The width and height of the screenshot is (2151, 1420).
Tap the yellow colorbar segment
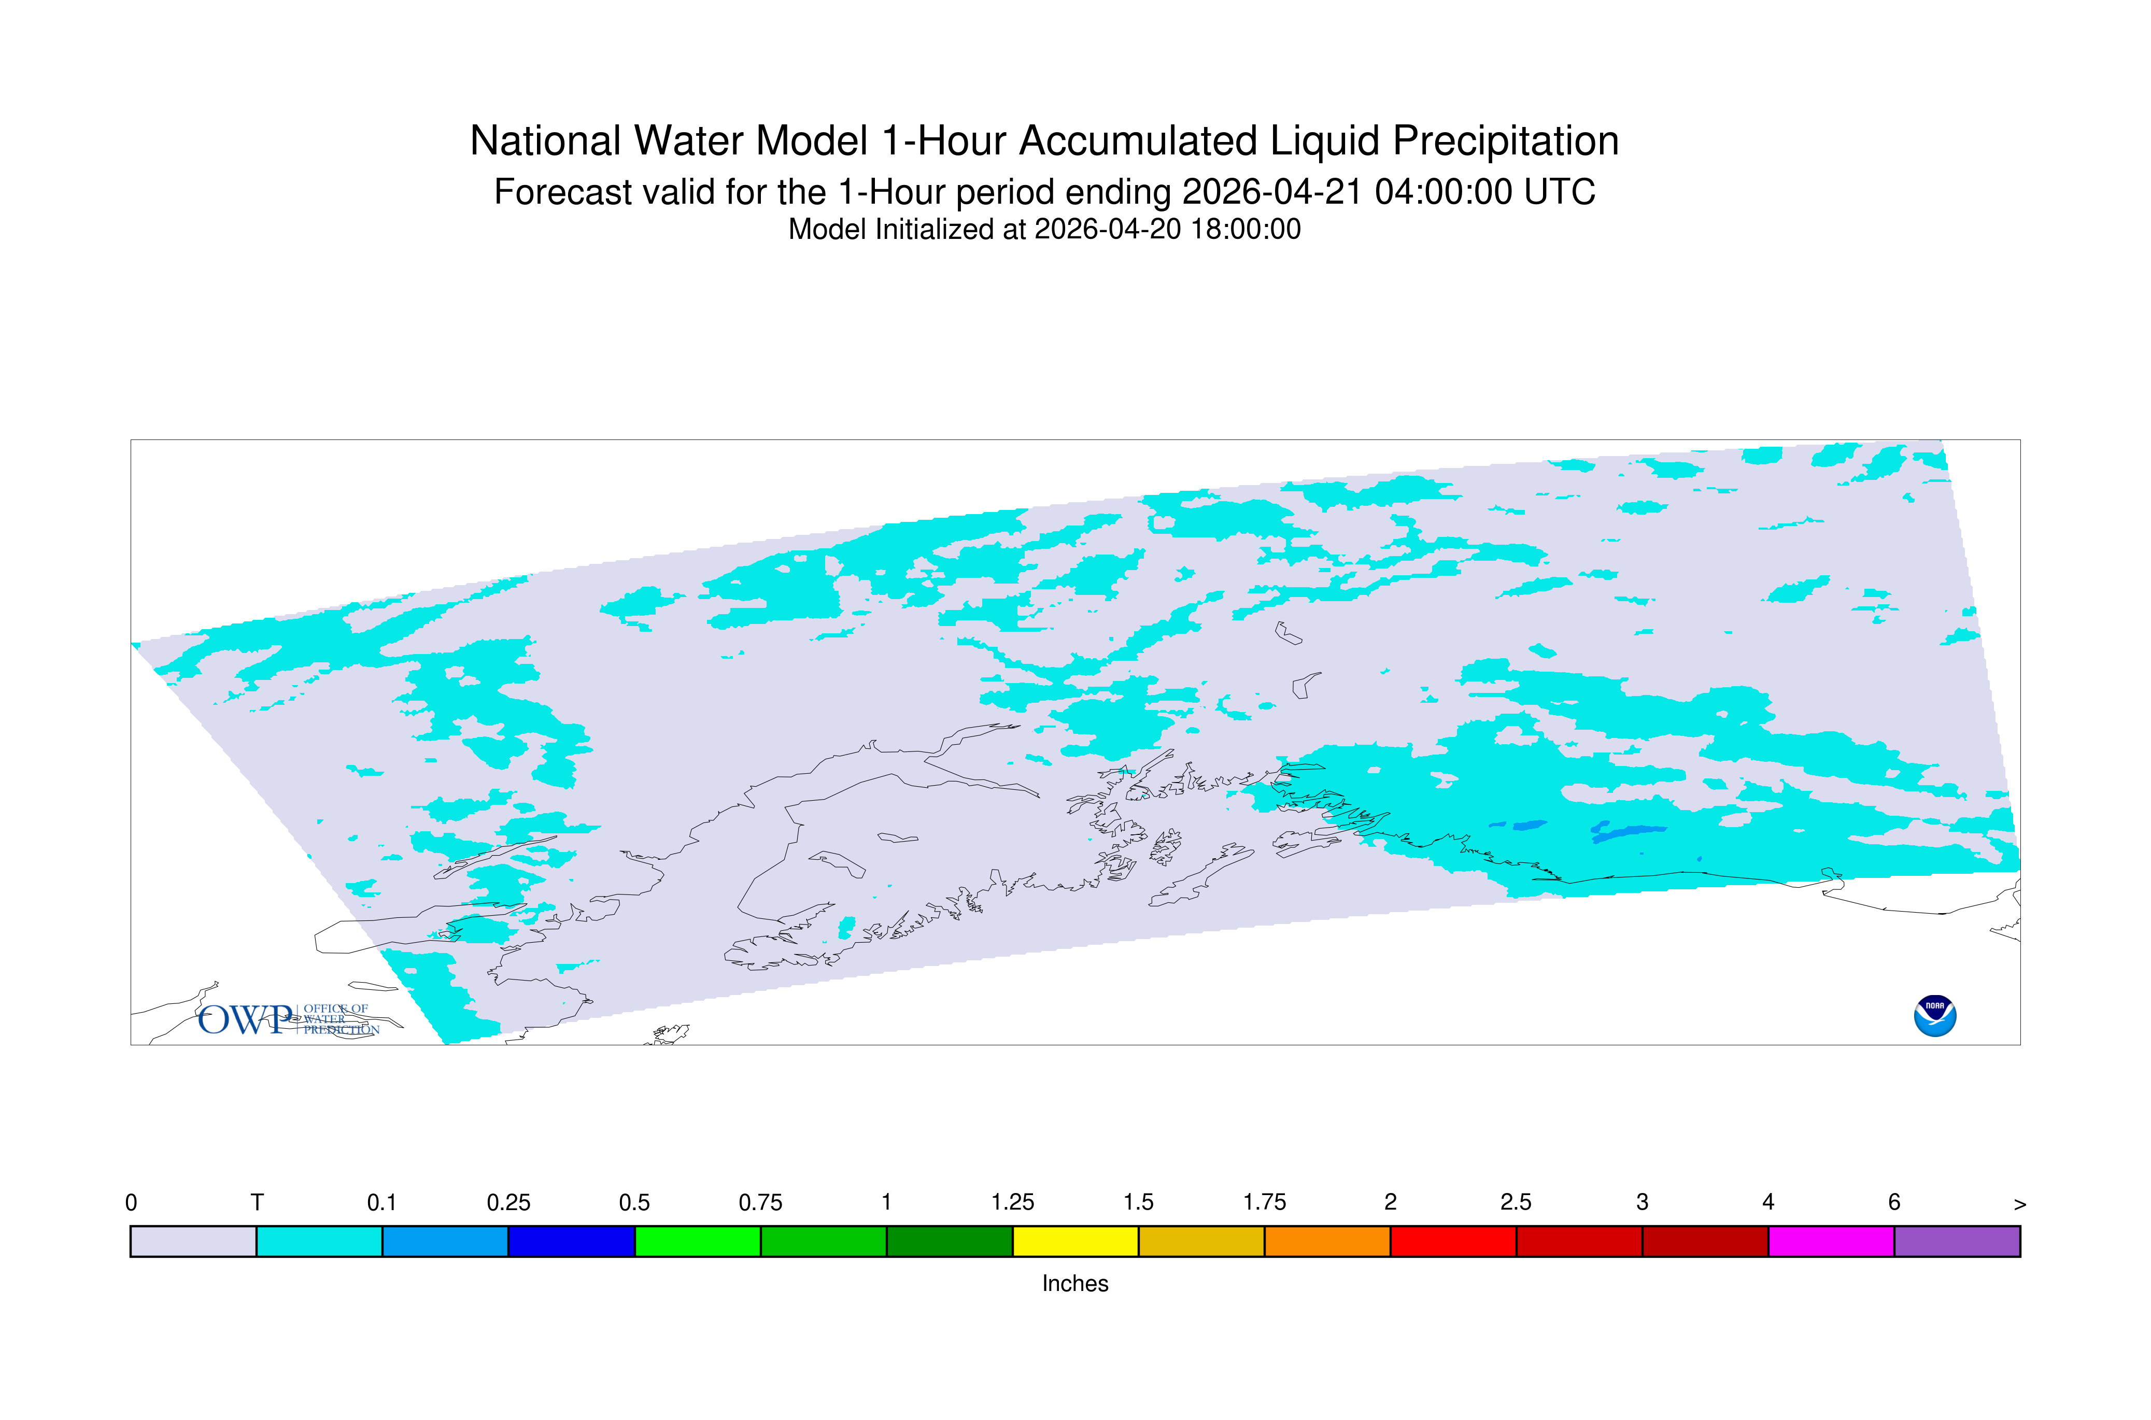(x=1075, y=1242)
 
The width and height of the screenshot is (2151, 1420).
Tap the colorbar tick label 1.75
(x=1264, y=1203)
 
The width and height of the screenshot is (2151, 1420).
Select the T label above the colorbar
(x=257, y=1203)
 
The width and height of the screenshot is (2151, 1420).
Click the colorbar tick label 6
(x=1894, y=1203)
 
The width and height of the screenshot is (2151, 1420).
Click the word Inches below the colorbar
(x=1075, y=1283)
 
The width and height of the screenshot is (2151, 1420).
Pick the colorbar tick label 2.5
(x=1516, y=1203)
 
